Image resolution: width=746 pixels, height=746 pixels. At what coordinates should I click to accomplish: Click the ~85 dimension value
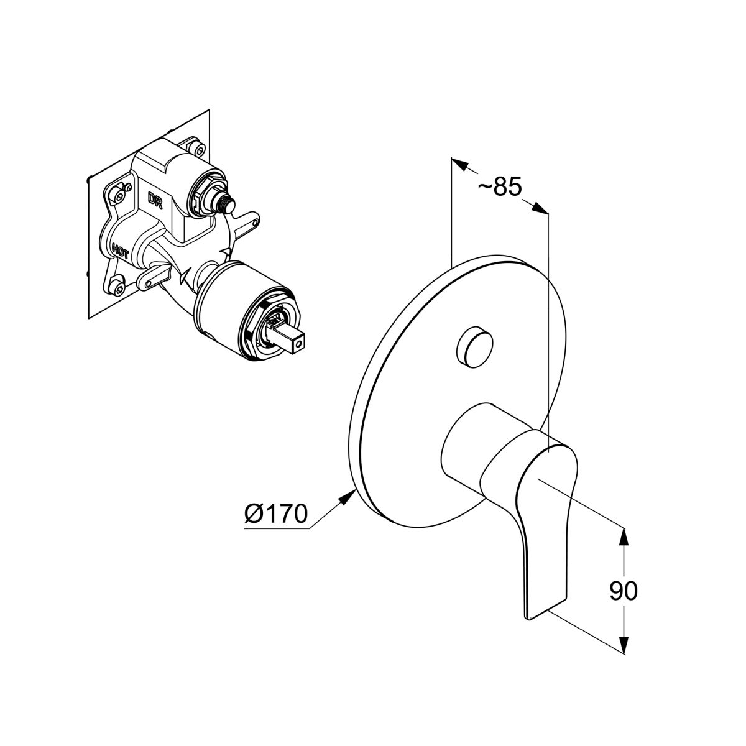click(500, 187)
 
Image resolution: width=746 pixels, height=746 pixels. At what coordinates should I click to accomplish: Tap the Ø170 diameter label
click(276, 513)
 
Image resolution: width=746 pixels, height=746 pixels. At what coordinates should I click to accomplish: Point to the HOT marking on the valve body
click(121, 251)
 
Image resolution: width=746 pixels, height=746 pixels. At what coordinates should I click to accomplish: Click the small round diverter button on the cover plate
click(474, 347)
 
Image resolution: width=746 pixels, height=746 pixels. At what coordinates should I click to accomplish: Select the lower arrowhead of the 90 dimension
click(623, 645)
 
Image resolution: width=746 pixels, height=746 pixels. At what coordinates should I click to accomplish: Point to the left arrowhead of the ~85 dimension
click(461, 165)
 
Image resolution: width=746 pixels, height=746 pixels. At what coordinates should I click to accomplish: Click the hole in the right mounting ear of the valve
click(254, 223)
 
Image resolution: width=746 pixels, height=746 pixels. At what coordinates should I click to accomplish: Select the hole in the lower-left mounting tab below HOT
click(149, 285)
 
